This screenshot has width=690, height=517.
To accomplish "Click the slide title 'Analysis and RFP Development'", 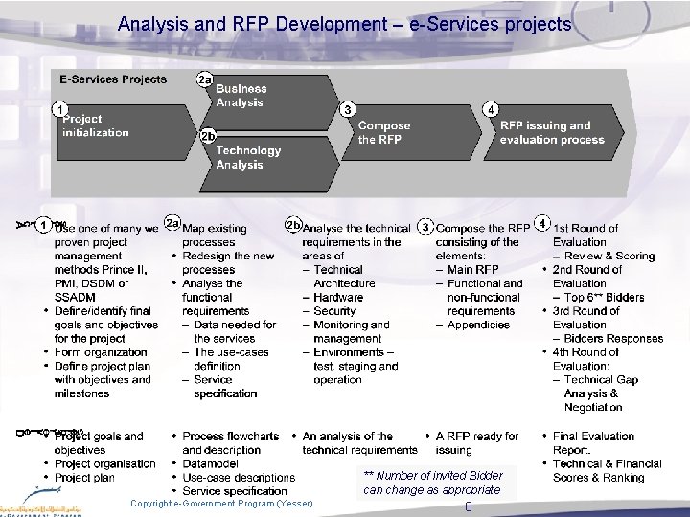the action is coord(344,24).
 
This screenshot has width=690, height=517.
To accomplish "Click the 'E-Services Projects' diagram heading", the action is coord(112,79).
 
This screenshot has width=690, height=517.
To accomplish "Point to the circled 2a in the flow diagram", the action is coord(204,79).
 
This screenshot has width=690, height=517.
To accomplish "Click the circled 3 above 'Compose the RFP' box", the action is coord(347,109).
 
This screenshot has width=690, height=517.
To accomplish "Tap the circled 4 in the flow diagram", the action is coord(491,109).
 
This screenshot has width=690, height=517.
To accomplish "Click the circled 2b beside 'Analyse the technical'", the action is coord(293,225).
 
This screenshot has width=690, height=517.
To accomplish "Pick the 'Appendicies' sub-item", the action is coord(479,325).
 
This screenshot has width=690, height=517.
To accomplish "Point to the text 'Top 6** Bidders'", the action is coord(605,298).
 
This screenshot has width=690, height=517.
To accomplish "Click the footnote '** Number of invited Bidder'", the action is coord(434,476).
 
